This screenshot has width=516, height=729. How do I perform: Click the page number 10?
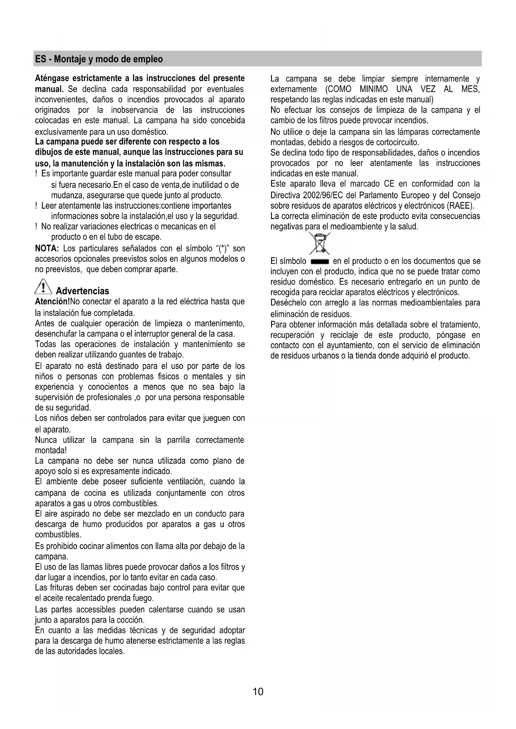tap(258, 692)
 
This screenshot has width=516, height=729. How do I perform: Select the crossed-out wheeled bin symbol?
tap(319, 243)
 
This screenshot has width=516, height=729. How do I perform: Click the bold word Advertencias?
tap(82, 291)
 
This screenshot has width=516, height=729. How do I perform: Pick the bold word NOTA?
tap(47, 249)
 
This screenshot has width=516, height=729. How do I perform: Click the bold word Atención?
tap(53, 302)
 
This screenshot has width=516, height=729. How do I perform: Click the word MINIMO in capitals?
tap(374, 89)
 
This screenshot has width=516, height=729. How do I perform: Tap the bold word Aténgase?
tap(52, 79)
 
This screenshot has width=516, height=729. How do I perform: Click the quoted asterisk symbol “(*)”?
tap(221, 249)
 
